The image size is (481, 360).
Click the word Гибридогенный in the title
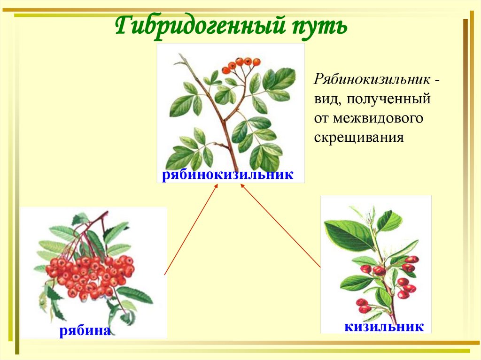pyautogui.click(x=197, y=26)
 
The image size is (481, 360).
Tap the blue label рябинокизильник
pyautogui.click(x=228, y=175)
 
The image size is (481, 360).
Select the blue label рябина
pyautogui.click(x=85, y=330)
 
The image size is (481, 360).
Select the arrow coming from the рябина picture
pyautogui.click(x=190, y=230)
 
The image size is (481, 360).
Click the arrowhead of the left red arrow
pyautogui.click(x=217, y=186)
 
